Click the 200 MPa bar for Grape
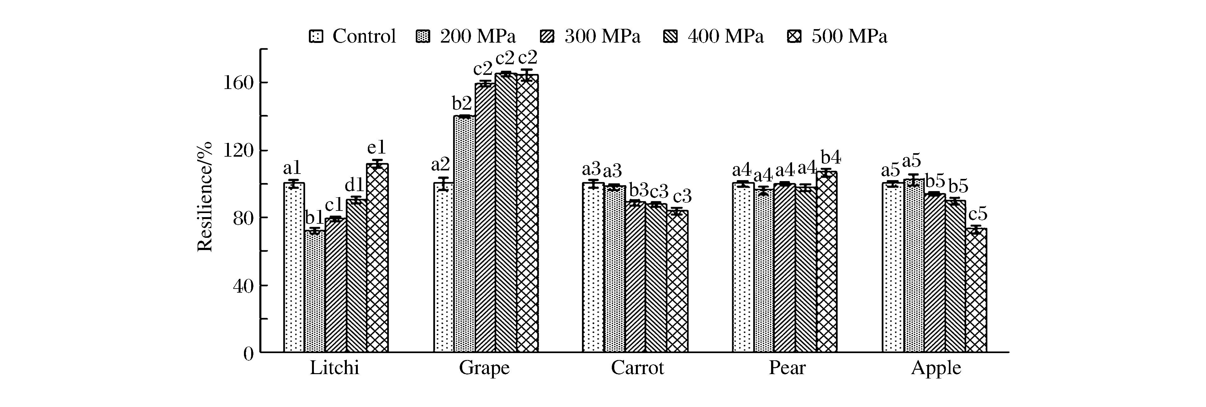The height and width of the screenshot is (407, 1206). pyautogui.click(x=464, y=234)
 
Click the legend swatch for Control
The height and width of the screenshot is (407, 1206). pyautogui.click(x=316, y=36)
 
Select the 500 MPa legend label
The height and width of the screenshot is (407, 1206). pyautogui.click(x=849, y=36)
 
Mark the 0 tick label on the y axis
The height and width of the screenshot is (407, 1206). pyautogui.click(x=248, y=354)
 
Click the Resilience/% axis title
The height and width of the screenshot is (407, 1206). pyautogui.click(x=204, y=196)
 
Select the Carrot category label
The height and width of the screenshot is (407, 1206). pyautogui.click(x=637, y=368)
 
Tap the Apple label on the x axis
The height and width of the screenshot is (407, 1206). pyautogui.click(x=936, y=368)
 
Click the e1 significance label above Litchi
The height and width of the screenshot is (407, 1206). pyautogui.click(x=376, y=148)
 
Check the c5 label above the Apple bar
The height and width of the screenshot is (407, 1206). pyautogui.click(x=977, y=214)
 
